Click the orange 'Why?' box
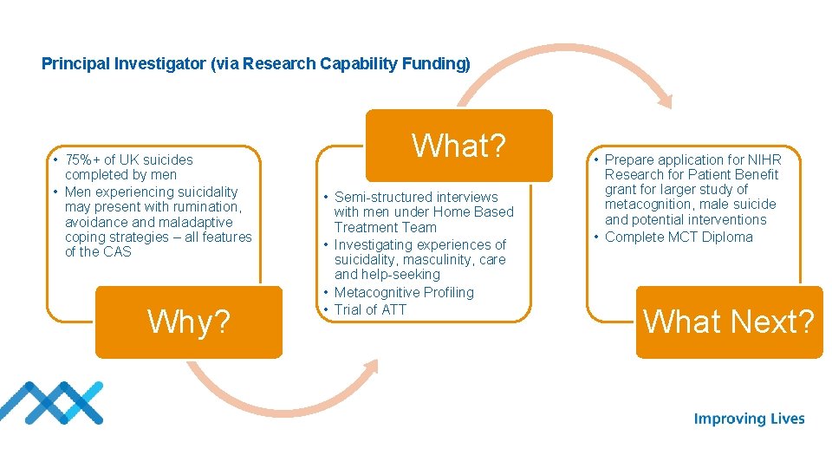pos(189,322)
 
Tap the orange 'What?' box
pos(458,146)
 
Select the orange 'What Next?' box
pos(729,322)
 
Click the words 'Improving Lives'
pos(749,419)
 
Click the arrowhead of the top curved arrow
pos(663,98)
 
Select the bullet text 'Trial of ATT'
pos(370,309)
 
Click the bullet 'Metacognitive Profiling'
pos(404,293)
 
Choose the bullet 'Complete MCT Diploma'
pos(679,237)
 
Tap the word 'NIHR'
pos(764,159)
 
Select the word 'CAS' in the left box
pos(118,252)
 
